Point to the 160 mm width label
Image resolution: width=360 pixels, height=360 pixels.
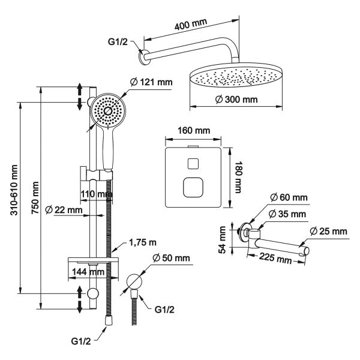point(193,130)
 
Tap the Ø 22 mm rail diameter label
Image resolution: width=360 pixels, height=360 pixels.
point(67,210)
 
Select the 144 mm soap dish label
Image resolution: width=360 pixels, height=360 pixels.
point(83,272)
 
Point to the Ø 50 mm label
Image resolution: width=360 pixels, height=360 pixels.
point(171,258)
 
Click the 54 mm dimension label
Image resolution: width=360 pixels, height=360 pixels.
point(223,239)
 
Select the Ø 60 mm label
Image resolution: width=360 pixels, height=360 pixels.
point(289,197)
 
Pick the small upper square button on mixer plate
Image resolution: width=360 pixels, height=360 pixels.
point(194,163)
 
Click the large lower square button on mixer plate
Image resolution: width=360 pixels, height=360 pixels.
point(193,188)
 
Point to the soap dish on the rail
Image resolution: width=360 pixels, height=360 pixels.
point(94,259)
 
